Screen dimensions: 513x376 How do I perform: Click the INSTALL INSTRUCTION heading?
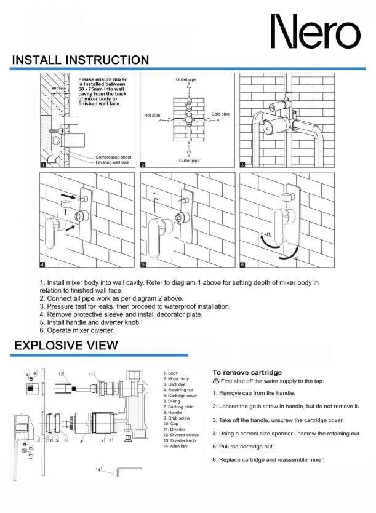click(81, 60)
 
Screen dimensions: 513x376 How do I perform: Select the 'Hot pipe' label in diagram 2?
click(152, 115)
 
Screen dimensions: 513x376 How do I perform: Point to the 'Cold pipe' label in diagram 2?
click(220, 114)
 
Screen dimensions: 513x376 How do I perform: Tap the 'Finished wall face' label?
click(113, 162)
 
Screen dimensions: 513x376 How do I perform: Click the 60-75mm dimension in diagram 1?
click(58, 89)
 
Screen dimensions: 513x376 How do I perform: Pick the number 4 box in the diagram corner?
click(42, 265)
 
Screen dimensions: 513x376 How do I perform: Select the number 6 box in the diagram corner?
click(242, 265)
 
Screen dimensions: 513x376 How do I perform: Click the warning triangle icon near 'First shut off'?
click(216, 381)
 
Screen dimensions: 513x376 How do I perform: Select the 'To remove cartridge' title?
click(247, 372)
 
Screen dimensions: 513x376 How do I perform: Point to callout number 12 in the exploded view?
click(61, 374)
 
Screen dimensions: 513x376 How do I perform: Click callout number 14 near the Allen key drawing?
click(97, 469)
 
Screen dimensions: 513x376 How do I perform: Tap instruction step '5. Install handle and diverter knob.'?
click(90, 322)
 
